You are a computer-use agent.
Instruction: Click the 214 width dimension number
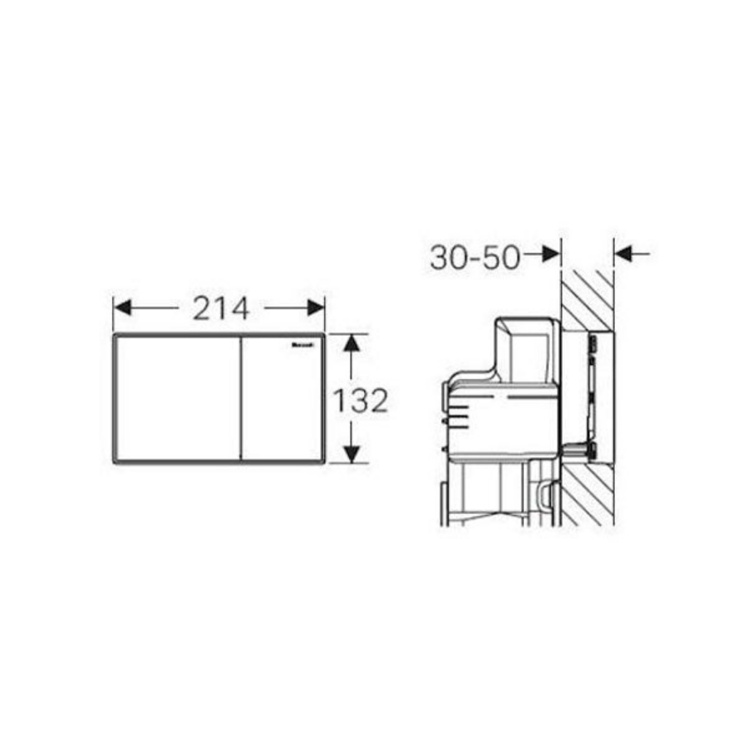tap(220, 308)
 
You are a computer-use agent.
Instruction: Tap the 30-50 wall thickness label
tap(475, 258)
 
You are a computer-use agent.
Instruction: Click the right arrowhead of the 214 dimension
tap(316, 308)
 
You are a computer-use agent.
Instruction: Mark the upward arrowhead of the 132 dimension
tap(352, 343)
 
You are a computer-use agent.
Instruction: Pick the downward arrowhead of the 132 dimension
tap(352, 454)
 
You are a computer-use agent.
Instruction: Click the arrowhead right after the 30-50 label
tap(551, 253)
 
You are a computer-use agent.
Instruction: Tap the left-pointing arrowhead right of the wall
tap(624, 253)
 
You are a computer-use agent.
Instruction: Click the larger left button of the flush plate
tap(176, 399)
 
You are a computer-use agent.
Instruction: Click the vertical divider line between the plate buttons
tap(241, 399)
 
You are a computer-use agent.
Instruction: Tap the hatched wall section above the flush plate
tap(588, 295)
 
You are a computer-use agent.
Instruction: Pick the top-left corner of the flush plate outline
tap(114, 337)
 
